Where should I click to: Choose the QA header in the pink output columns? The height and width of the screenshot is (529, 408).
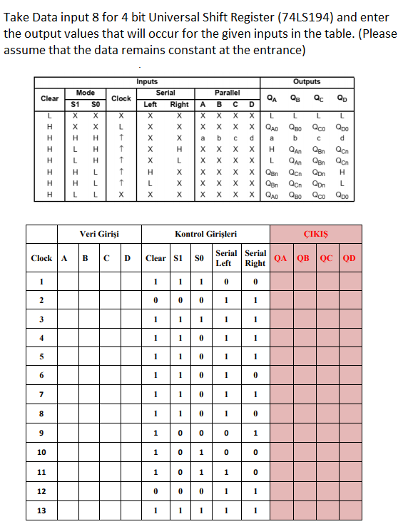pyautogui.click(x=281, y=258)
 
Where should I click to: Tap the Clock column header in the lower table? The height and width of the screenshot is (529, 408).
pyautogui.click(x=41, y=258)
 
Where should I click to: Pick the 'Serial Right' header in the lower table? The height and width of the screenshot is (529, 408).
pyautogui.click(x=255, y=258)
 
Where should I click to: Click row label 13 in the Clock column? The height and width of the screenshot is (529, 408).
pyautogui.click(x=41, y=510)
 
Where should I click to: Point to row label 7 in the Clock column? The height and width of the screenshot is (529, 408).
pyautogui.click(x=41, y=394)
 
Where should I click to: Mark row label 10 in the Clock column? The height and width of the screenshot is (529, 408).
pyautogui.click(x=41, y=452)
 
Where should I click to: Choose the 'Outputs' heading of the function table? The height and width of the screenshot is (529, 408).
pyautogui.click(x=307, y=82)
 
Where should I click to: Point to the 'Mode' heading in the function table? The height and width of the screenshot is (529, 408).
pyautogui.click(x=86, y=93)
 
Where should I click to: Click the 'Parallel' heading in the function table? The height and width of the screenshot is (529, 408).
pyautogui.click(x=227, y=93)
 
